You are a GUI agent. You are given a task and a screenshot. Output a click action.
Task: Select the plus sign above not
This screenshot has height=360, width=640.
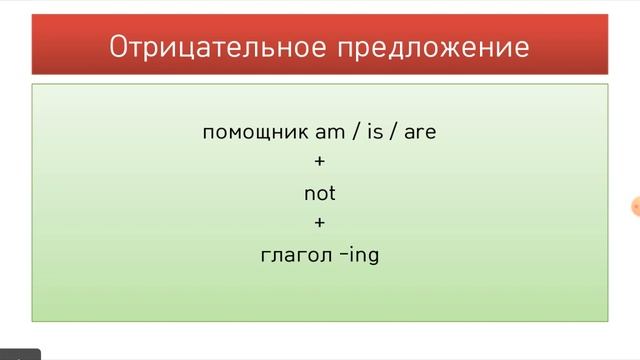(x=320, y=159)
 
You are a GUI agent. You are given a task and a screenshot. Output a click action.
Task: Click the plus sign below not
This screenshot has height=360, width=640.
(x=320, y=222)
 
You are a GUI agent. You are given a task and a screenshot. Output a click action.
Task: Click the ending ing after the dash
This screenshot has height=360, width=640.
(x=366, y=256)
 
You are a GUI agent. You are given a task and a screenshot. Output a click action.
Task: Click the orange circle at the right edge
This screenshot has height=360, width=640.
(x=636, y=207)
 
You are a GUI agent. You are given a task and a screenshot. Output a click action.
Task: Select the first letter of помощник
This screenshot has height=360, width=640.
(x=208, y=132)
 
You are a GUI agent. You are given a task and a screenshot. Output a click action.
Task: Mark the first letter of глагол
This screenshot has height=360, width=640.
(x=265, y=256)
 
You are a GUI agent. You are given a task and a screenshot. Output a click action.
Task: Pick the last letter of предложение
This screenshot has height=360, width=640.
(x=522, y=47)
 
